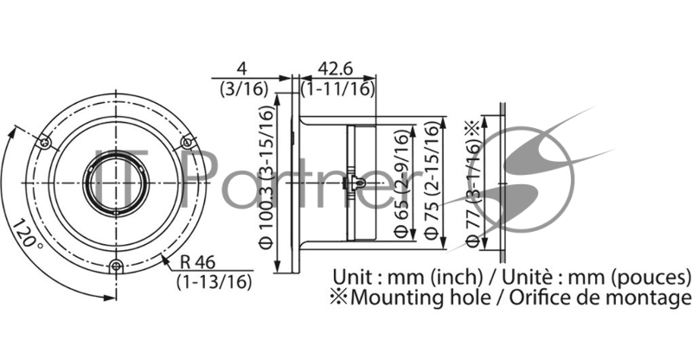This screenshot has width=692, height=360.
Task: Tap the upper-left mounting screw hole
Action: (x=46, y=141)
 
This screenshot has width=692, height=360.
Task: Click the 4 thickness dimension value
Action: (x=243, y=68)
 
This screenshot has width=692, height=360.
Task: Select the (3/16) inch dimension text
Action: (x=243, y=87)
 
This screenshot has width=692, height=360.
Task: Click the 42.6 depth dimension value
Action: (x=336, y=68)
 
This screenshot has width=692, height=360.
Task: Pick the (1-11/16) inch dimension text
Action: (x=338, y=87)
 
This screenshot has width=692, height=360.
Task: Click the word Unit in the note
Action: (x=353, y=278)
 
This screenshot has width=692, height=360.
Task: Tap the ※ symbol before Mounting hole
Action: (x=343, y=299)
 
